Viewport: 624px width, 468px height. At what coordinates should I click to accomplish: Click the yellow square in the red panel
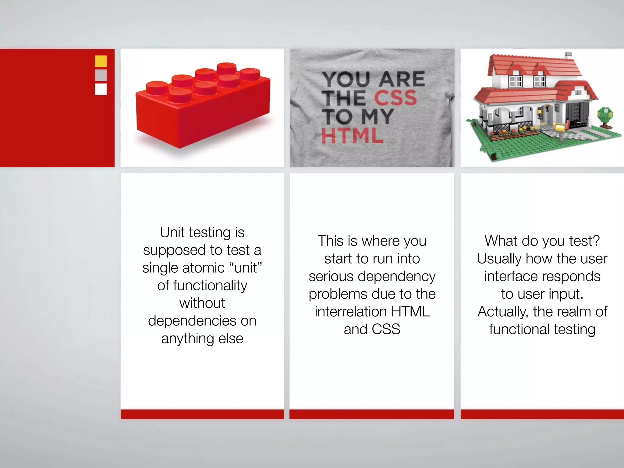[101, 61]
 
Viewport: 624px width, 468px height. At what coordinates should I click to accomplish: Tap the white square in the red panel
[101, 89]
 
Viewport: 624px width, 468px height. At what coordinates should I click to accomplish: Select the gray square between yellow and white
[101, 75]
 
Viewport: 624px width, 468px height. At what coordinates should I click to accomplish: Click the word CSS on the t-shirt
[395, 98]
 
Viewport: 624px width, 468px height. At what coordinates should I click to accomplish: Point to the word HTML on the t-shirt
[353, 136]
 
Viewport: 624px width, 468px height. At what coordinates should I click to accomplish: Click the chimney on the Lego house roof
[569, 55]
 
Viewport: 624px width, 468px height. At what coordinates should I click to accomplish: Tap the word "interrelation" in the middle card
[351, 312]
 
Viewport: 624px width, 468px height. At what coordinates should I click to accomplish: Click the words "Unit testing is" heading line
[202, 232]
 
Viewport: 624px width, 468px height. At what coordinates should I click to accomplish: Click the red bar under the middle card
[371, 414]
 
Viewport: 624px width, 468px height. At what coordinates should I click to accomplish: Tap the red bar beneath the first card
[202, 414]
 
